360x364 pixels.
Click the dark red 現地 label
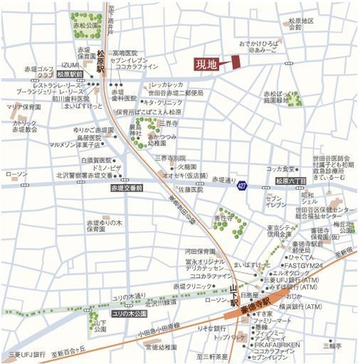(206, 64)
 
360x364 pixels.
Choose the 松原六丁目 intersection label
(291, 181)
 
